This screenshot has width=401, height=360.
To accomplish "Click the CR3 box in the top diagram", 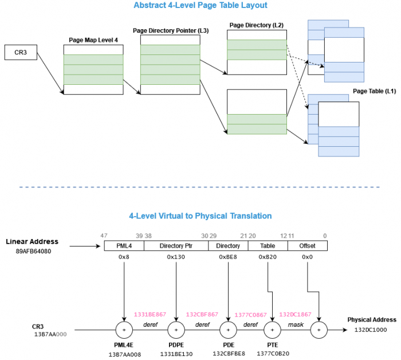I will pos(21,53).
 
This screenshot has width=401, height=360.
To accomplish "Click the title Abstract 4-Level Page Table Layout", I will pos(200,6).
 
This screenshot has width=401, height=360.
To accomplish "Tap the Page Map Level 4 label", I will pos(93,41).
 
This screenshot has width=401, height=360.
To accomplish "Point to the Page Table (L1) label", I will pos(374,92).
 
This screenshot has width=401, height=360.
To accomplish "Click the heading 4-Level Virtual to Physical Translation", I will pos(200,216).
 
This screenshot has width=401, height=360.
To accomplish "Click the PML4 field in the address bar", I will pos(124,246).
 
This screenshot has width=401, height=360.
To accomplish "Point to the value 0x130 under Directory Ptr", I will pos(176,257).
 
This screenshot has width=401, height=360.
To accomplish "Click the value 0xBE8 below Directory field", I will pos(228,257).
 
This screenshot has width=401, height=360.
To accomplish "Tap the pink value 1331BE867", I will pos(150,314).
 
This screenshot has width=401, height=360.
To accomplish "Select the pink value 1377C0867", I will pos(250,315).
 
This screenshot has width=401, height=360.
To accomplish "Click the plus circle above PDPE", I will pos(176,330).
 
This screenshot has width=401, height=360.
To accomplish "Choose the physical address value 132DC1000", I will pos(371,330).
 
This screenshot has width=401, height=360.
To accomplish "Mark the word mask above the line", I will pos(295,324).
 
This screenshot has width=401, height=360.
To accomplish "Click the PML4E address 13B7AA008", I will pos(124,354).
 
